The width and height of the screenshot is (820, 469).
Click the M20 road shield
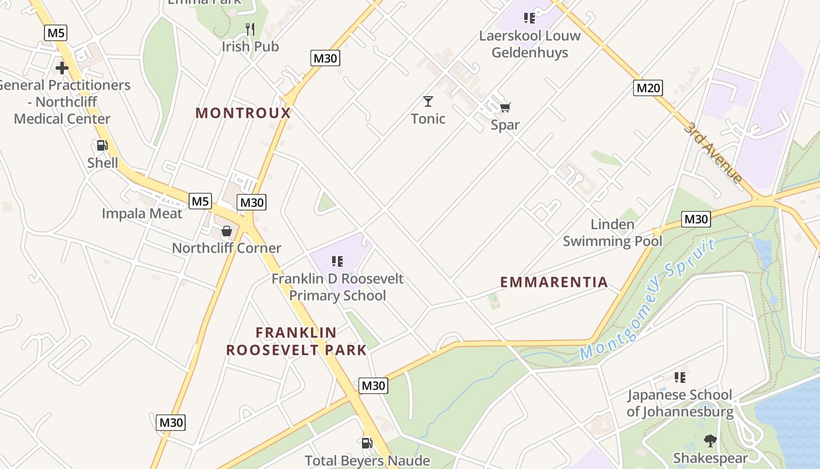coord(648,88)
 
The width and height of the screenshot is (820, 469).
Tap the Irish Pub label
coord(250,46)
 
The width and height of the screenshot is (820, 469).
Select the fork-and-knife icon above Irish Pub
coord(250,28)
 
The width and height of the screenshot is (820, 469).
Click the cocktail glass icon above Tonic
coord(428,101)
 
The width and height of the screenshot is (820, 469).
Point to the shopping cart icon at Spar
coord(505,107)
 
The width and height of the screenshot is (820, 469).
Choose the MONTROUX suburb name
coord(243,113)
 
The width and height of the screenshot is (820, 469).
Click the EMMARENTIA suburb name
coord(554,282)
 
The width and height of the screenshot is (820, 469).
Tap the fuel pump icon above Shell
coord(102,145)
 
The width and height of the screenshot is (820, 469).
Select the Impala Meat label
coord(142,213)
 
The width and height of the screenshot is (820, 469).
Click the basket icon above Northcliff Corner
coord(227,231)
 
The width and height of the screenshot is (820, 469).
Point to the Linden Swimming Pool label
coord(613,233)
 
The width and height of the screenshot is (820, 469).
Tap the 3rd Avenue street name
coord(713,152)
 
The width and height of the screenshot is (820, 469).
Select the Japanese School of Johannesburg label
coord(680,403)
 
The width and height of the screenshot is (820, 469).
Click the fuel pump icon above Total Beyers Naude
coord(367,443)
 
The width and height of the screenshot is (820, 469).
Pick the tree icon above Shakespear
coord(710,440)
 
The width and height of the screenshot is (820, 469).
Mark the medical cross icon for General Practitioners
coord(62,68)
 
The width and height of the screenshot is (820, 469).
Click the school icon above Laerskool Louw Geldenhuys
coord(529,18)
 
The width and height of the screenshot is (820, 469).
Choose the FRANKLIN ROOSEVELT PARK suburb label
coord(296,341)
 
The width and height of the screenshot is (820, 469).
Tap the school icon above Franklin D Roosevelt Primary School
coord(337,261)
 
